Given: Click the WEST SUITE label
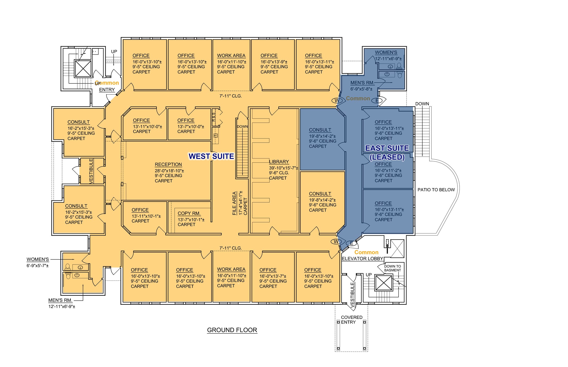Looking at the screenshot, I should (211, 156).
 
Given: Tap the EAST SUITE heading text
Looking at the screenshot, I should (387, 148).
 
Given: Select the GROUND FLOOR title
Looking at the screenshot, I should (232, 330).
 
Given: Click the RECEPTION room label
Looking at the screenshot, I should (168, 164).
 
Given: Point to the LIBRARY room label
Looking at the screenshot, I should (279, 162).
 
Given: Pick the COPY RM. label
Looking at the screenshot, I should (189, 213).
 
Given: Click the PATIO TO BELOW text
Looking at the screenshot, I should (436, 190).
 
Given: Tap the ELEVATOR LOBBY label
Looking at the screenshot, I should (362, 259).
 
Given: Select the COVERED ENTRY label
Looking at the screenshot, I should (351, 320).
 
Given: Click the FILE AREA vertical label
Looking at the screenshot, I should (234, 203).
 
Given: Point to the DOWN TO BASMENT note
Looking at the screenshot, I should (392, 268).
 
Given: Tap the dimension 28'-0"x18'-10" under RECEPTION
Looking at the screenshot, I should (169, 171).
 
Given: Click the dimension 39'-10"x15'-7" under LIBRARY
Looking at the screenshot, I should (283, 168).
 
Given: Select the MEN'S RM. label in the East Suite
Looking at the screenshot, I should (362, 83).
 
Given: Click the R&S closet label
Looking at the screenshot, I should (214, 117).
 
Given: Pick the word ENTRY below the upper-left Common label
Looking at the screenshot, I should (107, 90).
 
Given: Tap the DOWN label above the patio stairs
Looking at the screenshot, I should (422, 104).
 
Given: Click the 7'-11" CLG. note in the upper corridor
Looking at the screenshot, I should (231, 96).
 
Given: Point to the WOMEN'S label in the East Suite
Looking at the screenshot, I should (386, 52).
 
